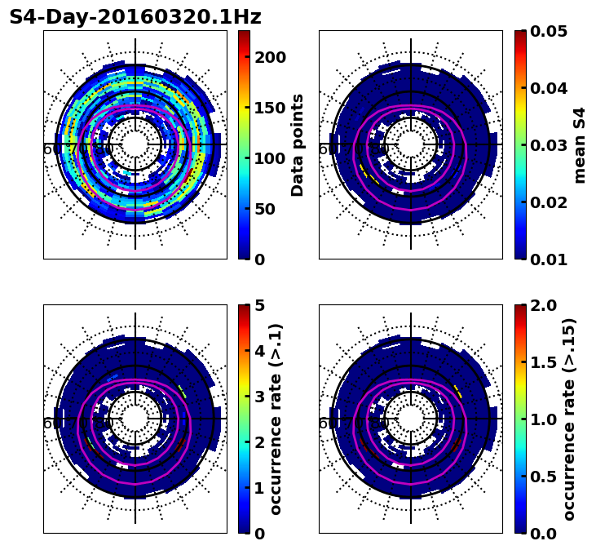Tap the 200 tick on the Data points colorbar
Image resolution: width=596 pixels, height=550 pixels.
point(270,57)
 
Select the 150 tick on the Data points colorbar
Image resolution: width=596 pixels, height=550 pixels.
point(270,108)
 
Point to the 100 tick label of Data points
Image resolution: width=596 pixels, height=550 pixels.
point(270,158)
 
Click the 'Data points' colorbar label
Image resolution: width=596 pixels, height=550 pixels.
point(298,145)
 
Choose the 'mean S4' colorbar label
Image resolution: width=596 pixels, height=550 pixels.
point(580,145)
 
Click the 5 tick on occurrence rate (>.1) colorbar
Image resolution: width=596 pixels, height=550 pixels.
point(259,305)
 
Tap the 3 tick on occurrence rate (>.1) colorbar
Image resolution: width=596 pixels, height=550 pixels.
point(259,397)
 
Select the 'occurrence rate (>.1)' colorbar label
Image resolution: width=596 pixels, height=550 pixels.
point(276,419)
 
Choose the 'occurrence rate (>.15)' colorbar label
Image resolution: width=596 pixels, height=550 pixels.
point(569,419)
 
